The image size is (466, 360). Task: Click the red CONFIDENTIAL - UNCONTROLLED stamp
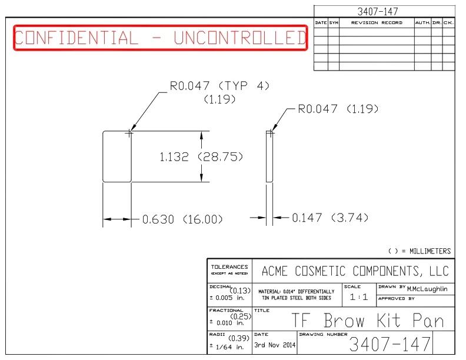(x=161, y=38)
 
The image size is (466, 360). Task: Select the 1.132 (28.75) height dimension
(x=201, y=156)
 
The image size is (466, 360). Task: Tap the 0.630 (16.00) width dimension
(x=182, y=219)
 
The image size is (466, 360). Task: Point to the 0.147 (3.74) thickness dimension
(x=330, y=218)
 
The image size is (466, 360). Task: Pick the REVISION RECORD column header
(x=377, y=22)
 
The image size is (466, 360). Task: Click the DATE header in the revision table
(x=321, y=22)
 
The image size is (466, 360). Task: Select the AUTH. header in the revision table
(x=422, y=22)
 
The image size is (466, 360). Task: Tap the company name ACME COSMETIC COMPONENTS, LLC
(x=355, y=271)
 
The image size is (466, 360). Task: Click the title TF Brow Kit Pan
(x=368, y=320)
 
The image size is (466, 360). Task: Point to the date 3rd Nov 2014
(x=275, y=345)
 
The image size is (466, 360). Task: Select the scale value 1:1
(x=359, y=296)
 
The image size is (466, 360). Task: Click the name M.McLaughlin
(x=427, y=289)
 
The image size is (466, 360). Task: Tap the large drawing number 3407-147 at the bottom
(x=390, y=344)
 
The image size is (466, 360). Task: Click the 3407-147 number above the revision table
(x=377, y=12)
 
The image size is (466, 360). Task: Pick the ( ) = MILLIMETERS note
(x=420, y=251)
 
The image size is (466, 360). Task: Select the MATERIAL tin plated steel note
(x=297, y=295)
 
